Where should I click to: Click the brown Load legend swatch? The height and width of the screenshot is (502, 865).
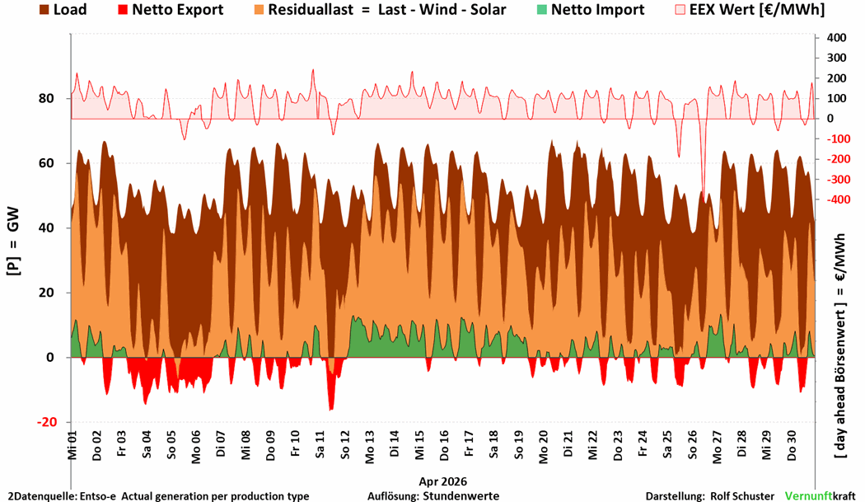pyautogui.click(x=44, y=9)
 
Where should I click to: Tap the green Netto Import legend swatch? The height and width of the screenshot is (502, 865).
pyautogui.click(x=542, y=9)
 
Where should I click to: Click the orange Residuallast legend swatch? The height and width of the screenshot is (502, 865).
pyautogui.click(x=259, y=9)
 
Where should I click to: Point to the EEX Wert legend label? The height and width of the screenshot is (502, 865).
pyautogui.click(x=757, y=9)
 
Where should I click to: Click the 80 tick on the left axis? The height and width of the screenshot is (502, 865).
pyautogui.click(x=46, y=98)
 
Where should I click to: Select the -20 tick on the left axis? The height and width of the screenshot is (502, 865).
pyautogui.click(x=47, y=422)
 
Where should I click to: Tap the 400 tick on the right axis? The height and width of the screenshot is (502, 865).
pyautogui.click(x=836, y=38)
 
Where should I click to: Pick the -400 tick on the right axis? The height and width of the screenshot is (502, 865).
pyautogui.click(x=838, y=199)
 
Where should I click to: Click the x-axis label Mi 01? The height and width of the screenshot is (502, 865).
pyautogui.click(x=72, y=445)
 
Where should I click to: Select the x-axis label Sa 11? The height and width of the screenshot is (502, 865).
pyautogui.click(x=320, y=445)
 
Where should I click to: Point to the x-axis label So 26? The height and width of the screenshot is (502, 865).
pyautogui.click(x=692, y=445)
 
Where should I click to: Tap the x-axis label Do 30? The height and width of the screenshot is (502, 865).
pyautogui.click(x=792, y=446)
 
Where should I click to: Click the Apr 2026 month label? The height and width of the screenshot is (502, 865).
pyautogui.click(x=442, y=481)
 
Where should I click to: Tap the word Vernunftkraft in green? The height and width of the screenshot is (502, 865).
pyautogui.click(x=820, y=496)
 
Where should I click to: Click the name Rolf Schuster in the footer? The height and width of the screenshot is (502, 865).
pyautogui.click(x=742, y=496)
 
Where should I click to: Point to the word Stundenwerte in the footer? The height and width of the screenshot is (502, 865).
pyautogui.click(x=461, y=496)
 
